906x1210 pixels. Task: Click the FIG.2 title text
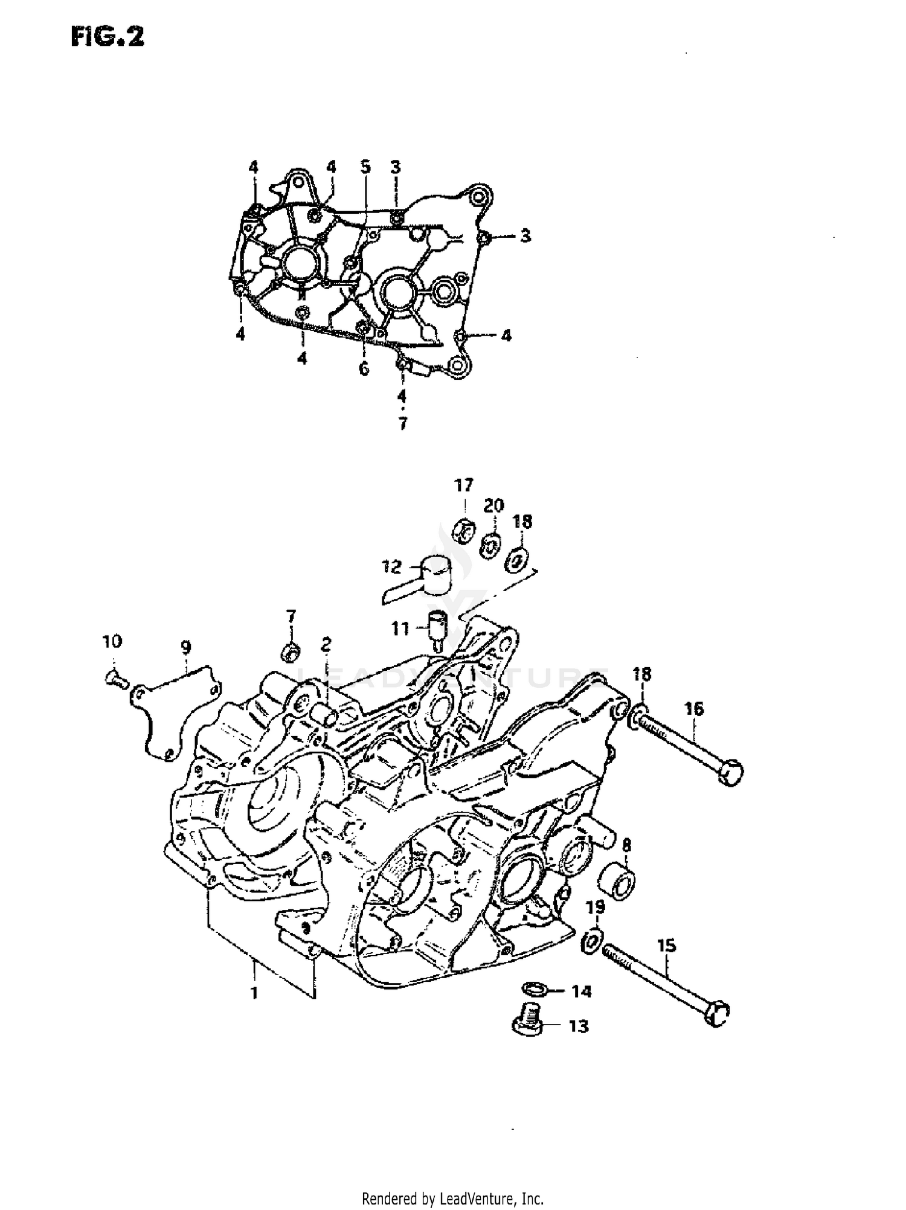(108, 37)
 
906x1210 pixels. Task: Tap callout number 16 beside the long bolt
(694, 708)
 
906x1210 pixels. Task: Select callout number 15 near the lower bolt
(667, 946)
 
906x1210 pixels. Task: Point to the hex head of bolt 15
(717, 1014)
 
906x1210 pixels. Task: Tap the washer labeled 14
(534, 989)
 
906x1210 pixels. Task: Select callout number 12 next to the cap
(391, 567)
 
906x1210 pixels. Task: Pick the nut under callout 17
(463, 531)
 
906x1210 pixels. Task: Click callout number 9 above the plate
(185, 648)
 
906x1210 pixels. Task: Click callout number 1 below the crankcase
(254, 993)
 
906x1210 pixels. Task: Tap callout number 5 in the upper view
(365, 167)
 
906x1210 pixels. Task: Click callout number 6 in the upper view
(364, 368)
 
